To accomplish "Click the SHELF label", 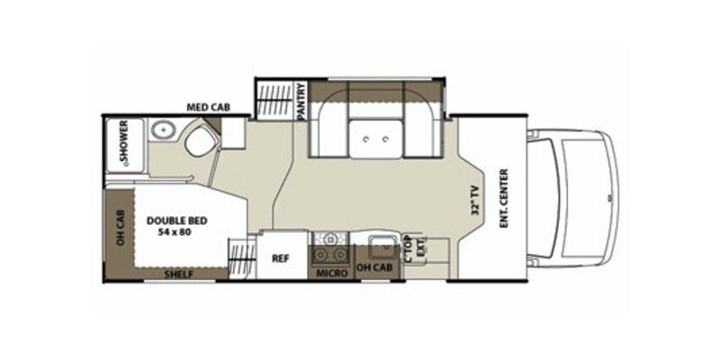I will pyautogui.click(x=176, y=274).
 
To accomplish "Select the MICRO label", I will pyautogui.click(x=328, y=273).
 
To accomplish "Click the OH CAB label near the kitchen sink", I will pyautogui.click(x=373, y=267).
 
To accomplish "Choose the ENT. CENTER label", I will pyautogui.click(x=504, y=197).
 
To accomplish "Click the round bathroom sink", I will pyautogui.click(x=163, y=131).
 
